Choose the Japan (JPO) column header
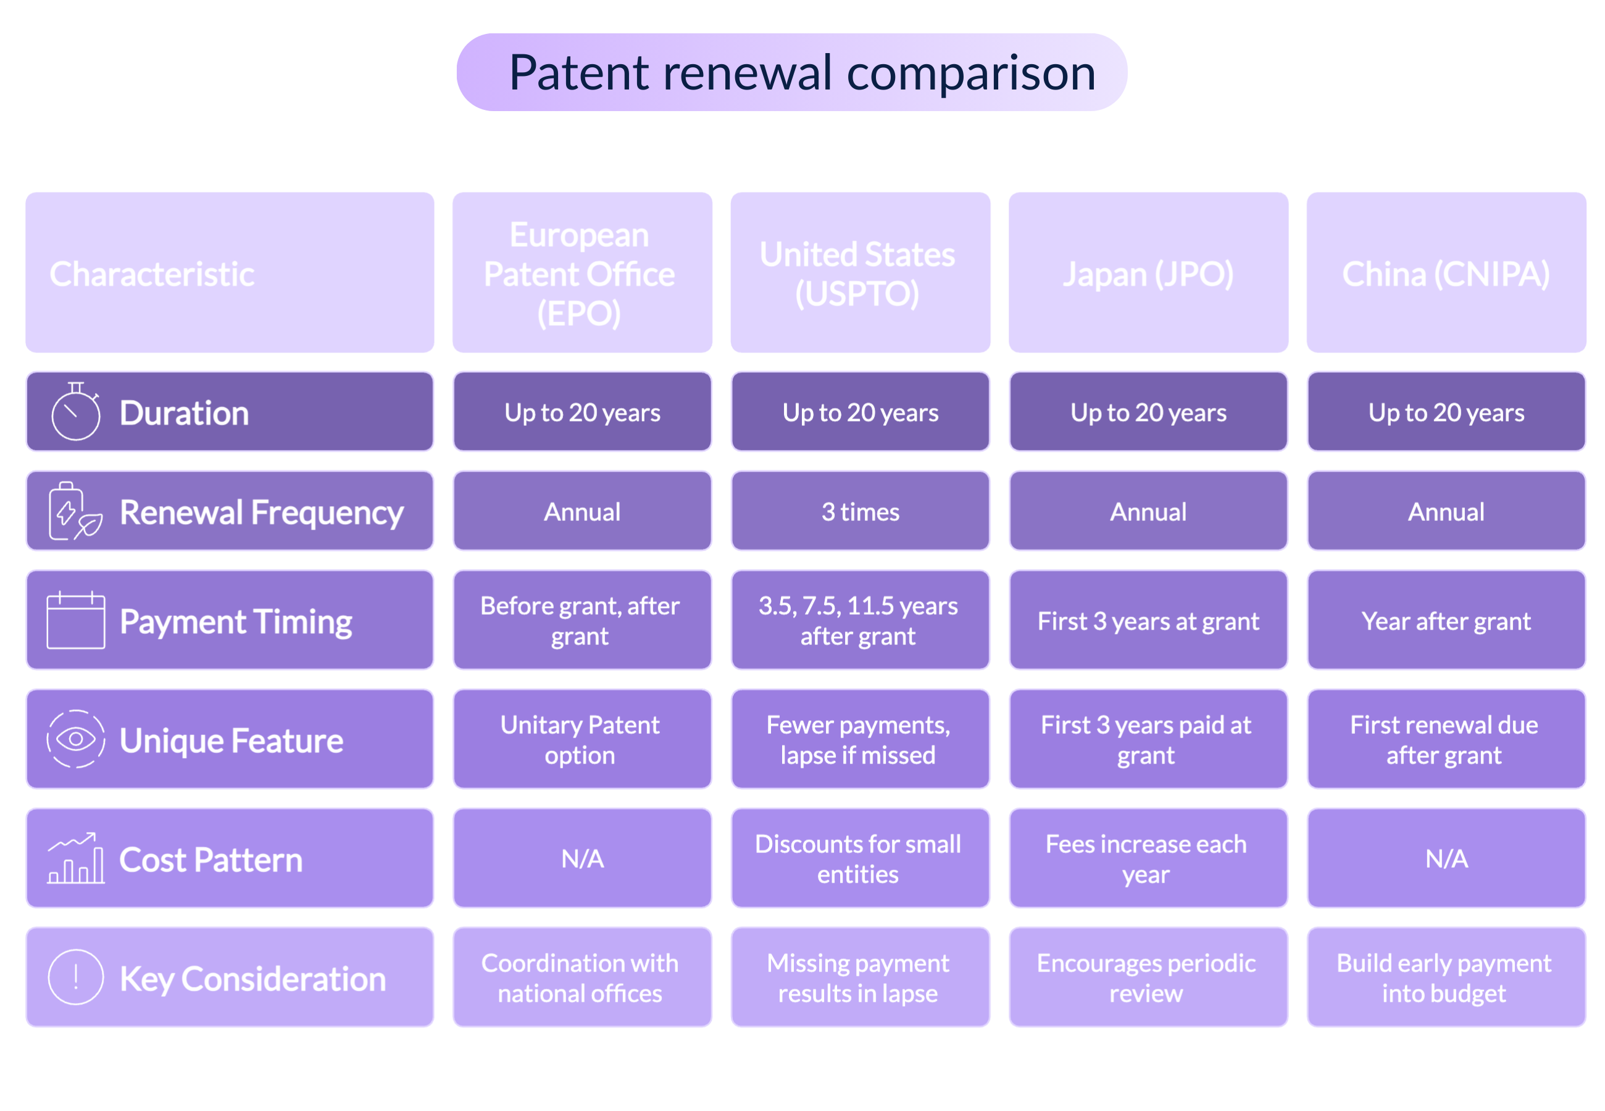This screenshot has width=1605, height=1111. click(x=1147, y=273)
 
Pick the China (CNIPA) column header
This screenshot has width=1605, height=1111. click(x=1445, y=273)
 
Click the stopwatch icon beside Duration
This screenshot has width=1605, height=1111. click(x=75, y=412)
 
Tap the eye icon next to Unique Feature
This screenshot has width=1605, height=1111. click(x=75, y=739)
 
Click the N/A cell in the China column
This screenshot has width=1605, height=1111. click(x=1446, y=859)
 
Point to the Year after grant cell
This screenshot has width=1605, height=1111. click(x=1446, y=620)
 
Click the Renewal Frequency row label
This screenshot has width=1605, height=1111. click(x=261, y=512)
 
